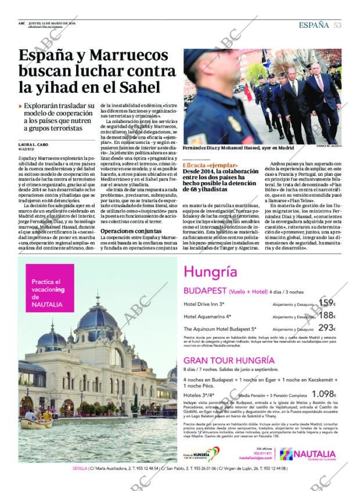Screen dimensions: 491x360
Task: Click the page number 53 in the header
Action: [337, 24]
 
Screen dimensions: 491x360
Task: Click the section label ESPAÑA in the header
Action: [314, 24]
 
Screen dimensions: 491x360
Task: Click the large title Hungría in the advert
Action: [210, 272]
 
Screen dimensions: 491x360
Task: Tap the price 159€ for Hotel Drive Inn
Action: [327, 303]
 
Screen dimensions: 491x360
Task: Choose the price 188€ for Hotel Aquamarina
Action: [327, 316]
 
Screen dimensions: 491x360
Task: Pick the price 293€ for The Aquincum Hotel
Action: [327, 328]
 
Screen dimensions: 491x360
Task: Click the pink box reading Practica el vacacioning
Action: [52, 293]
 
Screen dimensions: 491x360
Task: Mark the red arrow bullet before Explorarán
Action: [21, 106]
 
